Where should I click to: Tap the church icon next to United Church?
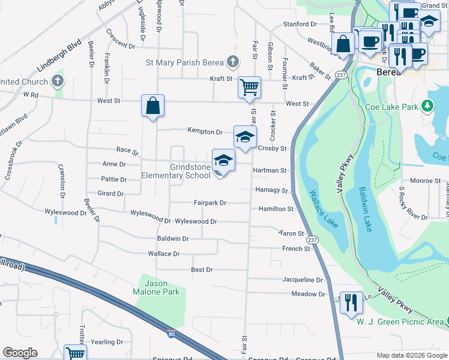click(58, 80)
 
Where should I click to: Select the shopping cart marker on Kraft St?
click(249, 87)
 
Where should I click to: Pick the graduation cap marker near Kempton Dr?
click(245, 137)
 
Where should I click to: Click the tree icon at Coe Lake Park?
click(427, 106)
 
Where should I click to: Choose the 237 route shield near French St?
click(312, 239)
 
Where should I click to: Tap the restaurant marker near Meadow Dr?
click(351, 302)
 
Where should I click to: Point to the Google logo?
click(20, 353)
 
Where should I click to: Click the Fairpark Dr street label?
click(209, 203)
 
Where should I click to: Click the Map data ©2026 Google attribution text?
click(411, 355)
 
